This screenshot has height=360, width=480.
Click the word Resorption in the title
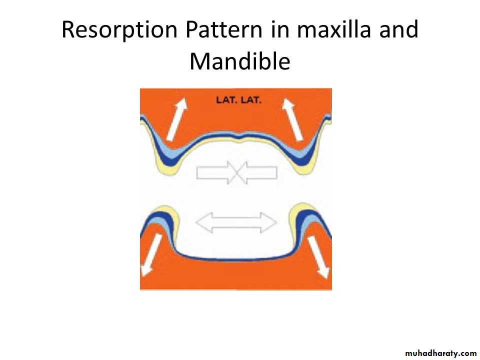pyautogui.click(x=119, y=30)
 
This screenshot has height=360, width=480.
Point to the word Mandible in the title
pyautogui.click(x=239, y=61)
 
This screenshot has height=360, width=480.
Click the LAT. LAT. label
pyautogui.click(x=238, y=100)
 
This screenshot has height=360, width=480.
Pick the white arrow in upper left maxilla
pyautogui.click(x=177, y=119)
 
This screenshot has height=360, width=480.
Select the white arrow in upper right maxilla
pyautogui.click(x=292, y=119)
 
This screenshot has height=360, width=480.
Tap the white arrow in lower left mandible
pyautogui.click(x=151, y=255)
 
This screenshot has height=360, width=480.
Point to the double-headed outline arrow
pyautogui.click(x=236, y=222)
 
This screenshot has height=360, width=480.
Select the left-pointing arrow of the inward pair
pyautogui.click(x=256, y=172)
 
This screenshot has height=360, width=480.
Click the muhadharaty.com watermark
pyautogui.click(x=440, y=353)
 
